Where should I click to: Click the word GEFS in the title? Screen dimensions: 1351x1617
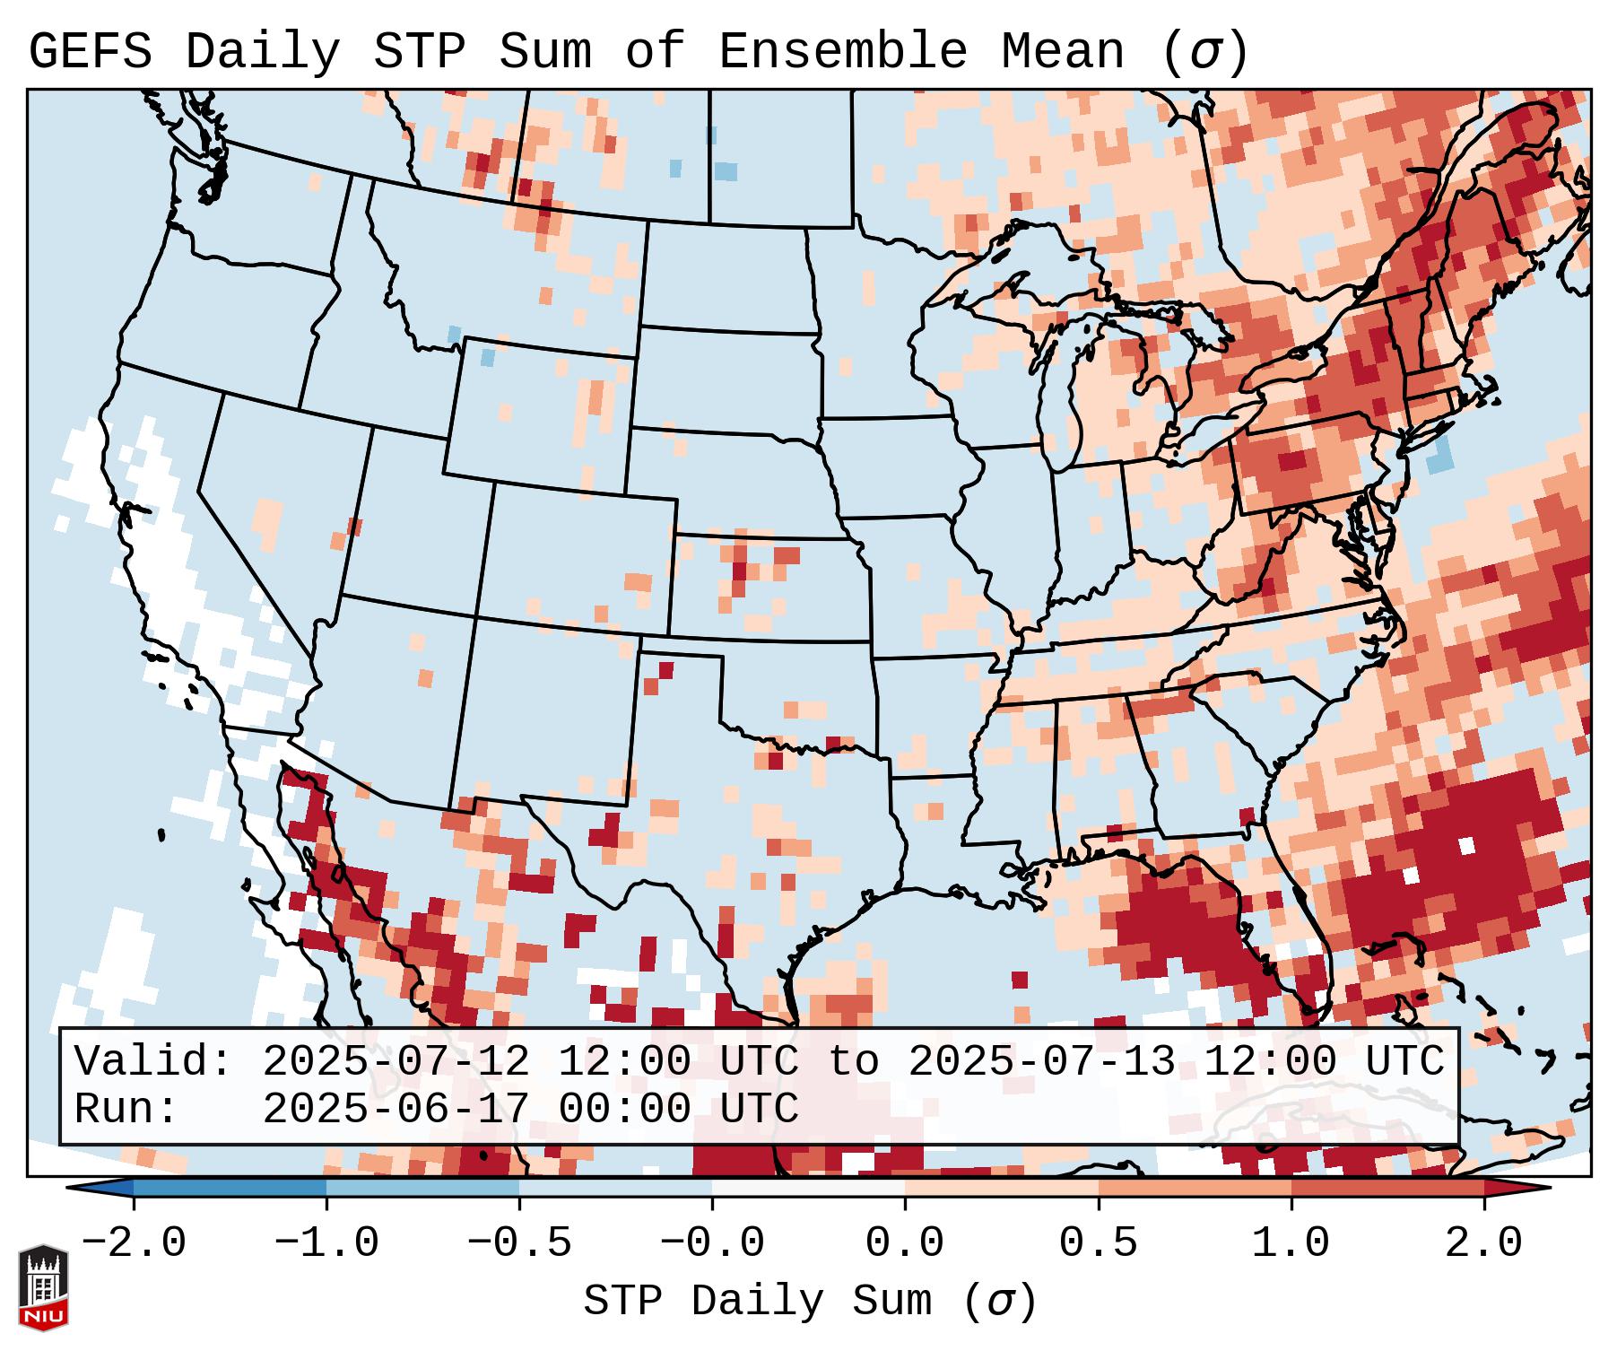[90, 52]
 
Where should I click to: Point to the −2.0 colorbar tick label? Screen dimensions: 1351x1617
[134, 1243]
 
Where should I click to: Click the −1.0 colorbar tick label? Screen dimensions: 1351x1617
[326, 1243]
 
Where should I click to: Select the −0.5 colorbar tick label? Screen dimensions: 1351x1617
[519, 1243]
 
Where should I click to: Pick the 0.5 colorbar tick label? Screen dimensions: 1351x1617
[1099, 1243]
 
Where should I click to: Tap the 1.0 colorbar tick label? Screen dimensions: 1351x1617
[1291, 1243]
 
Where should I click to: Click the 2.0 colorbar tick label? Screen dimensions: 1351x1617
[1484, 1243]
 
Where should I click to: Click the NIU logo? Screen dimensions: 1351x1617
[43, 1287]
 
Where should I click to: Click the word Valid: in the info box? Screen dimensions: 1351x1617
[153, 1062]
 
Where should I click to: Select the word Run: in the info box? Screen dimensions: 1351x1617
[126, 1110]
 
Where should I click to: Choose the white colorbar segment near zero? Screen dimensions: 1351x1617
[808, 1188]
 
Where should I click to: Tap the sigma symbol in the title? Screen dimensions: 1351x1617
[1205, 52]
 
